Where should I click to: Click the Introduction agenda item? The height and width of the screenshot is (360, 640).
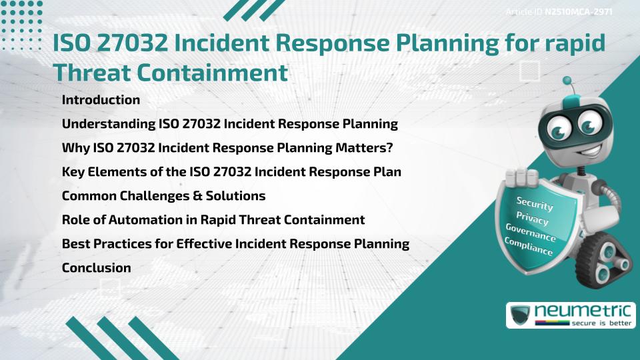(x=101, y=100)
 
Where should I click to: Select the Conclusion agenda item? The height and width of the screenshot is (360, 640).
(x=96, y=268)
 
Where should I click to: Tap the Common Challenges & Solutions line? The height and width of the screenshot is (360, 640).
(x=163, y=196)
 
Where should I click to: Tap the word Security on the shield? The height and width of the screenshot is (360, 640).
(x=535, y=203)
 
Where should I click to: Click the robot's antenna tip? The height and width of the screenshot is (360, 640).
(x=567, y=82)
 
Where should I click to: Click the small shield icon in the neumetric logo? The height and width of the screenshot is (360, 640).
(x=521, y=315)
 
